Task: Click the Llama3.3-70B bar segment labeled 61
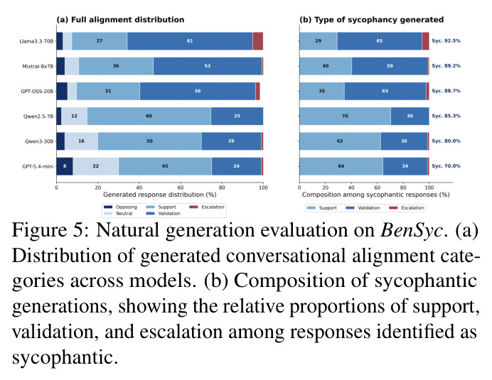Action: point(190,41)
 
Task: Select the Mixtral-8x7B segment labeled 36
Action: point(116,66)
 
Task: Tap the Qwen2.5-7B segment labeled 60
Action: point(149,116)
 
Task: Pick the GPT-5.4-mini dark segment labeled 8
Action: point(65,166)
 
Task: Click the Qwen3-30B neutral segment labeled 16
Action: point(81,141)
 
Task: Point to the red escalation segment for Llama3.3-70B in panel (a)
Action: point(258,41)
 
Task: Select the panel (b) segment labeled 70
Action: point(345,116)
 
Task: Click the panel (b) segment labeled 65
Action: point(380,41)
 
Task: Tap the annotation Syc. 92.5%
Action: point(446,40)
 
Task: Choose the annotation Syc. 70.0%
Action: point(446,166)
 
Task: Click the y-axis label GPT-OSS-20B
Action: point(37,91)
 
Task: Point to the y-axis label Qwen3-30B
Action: point(39,141)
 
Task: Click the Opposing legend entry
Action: point(120,207)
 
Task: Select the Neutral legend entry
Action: point(118,214)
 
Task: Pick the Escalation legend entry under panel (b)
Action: point(407,208)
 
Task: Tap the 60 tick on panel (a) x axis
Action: point(181,188)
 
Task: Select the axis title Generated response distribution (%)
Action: point(160,195)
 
